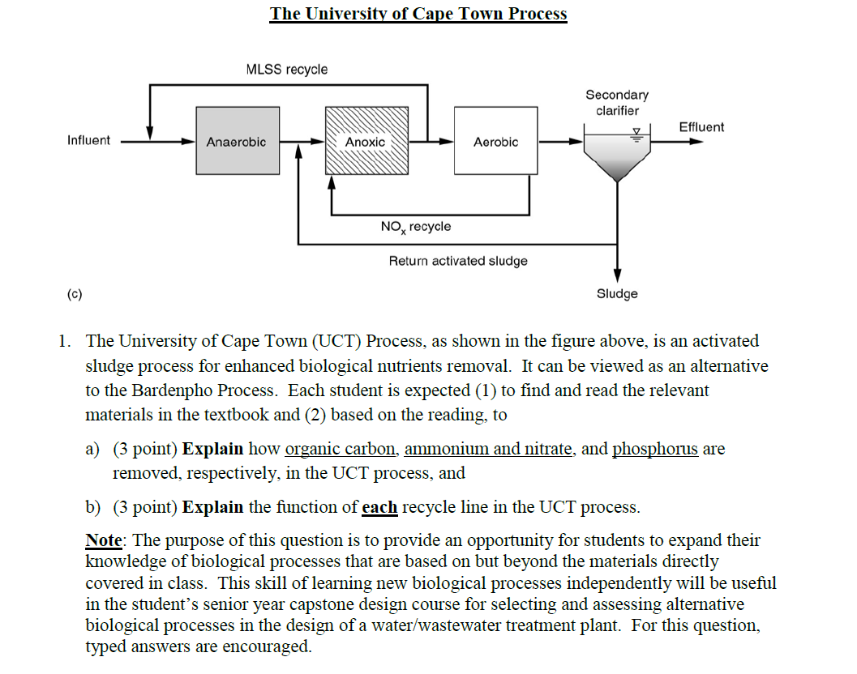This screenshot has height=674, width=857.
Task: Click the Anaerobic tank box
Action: pos(236,141)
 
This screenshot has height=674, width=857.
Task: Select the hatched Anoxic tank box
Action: pos(366,141)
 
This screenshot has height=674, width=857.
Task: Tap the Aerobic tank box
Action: pos(495,141)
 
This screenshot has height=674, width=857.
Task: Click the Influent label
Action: pos(88,140)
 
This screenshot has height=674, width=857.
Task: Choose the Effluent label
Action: pos(701,126)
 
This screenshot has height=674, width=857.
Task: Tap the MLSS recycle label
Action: pos(287,70)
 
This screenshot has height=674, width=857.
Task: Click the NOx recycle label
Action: pos(415,227)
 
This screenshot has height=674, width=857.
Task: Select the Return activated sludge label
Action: pos(458,261)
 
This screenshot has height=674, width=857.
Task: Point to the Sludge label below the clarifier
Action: pos(617,294)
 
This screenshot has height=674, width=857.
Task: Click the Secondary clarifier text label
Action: pos(617,103)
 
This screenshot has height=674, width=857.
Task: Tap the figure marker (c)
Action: pos(75,293)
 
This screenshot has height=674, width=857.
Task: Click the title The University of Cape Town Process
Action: pos(418,14)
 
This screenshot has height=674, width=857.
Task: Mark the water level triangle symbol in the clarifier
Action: pos(636,131)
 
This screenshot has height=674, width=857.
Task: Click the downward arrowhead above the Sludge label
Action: pos(617,275)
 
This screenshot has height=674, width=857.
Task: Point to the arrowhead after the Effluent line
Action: pos(696,141)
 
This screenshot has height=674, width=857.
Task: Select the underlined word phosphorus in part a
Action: pos(655,449)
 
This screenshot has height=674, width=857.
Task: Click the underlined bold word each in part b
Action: pos(379,508)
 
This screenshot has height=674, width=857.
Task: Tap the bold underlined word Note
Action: pos(103,540)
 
